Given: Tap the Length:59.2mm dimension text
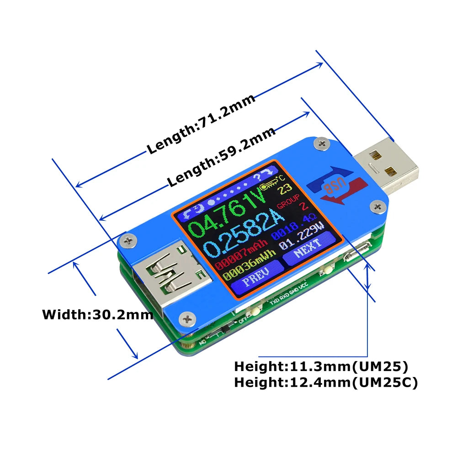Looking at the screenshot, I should click(x=221, y=157).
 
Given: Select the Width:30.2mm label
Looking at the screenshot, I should click(x=97, y=314).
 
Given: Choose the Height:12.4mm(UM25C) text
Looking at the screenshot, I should click(x=326, y=383).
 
